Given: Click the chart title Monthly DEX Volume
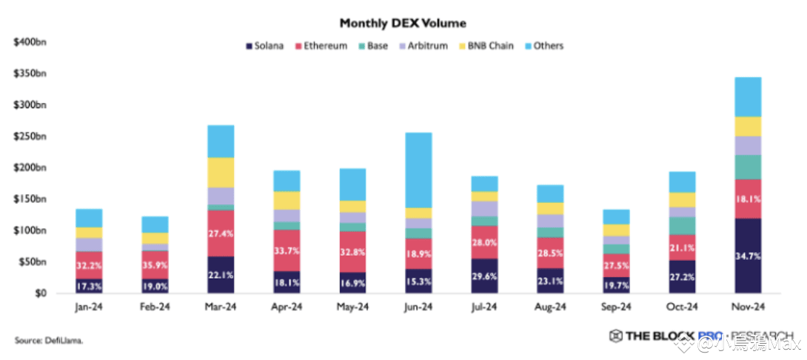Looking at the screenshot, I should coord(403,24).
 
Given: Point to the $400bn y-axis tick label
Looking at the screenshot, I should coord(30,42).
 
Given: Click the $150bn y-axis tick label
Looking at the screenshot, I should coord(30,199).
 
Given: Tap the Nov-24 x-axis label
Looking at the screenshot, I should coord(747,307).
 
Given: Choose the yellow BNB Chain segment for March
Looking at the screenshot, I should coord(221,173).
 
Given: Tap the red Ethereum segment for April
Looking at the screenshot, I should coord(287,250).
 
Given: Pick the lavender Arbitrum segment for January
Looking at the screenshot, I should coord(90,244).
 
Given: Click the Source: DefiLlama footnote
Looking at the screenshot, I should coord(49,340).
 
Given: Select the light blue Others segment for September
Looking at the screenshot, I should coord(617,216).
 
